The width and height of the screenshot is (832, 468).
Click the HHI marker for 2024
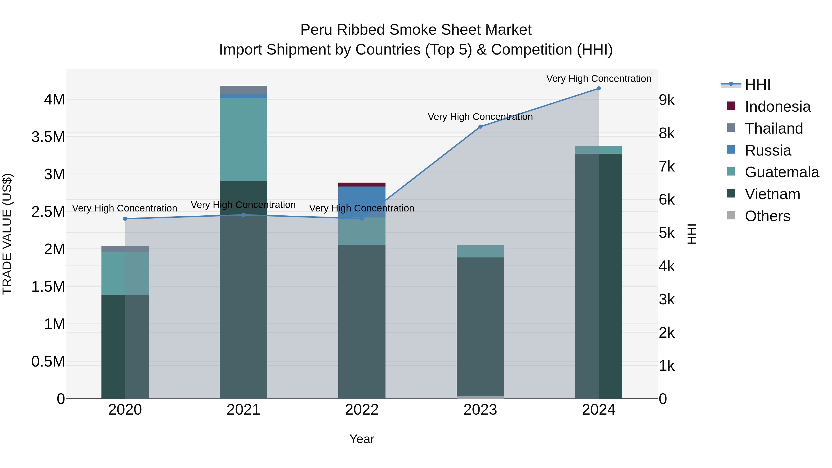tap(599, 89)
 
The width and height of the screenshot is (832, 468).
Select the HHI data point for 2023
tap(480, 127)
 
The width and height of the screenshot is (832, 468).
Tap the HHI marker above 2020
tap(125, 219)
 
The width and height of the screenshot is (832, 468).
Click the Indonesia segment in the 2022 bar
tap(362, 184)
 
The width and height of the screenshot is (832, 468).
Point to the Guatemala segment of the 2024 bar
tap(599, 150)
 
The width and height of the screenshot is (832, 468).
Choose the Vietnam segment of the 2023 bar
tap(480, 326)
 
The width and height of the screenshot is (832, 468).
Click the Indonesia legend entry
tap(777, 107)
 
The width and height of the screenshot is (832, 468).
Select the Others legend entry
tap(767, 216)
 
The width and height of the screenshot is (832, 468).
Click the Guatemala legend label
tap(782, 172)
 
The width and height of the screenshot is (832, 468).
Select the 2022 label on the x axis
tap(362, 410)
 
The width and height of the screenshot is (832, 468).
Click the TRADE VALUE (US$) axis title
tap(7, 234)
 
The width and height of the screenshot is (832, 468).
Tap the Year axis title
tap(362, 439)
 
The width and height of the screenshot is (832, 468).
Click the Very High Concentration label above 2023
tap(480, 117)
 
